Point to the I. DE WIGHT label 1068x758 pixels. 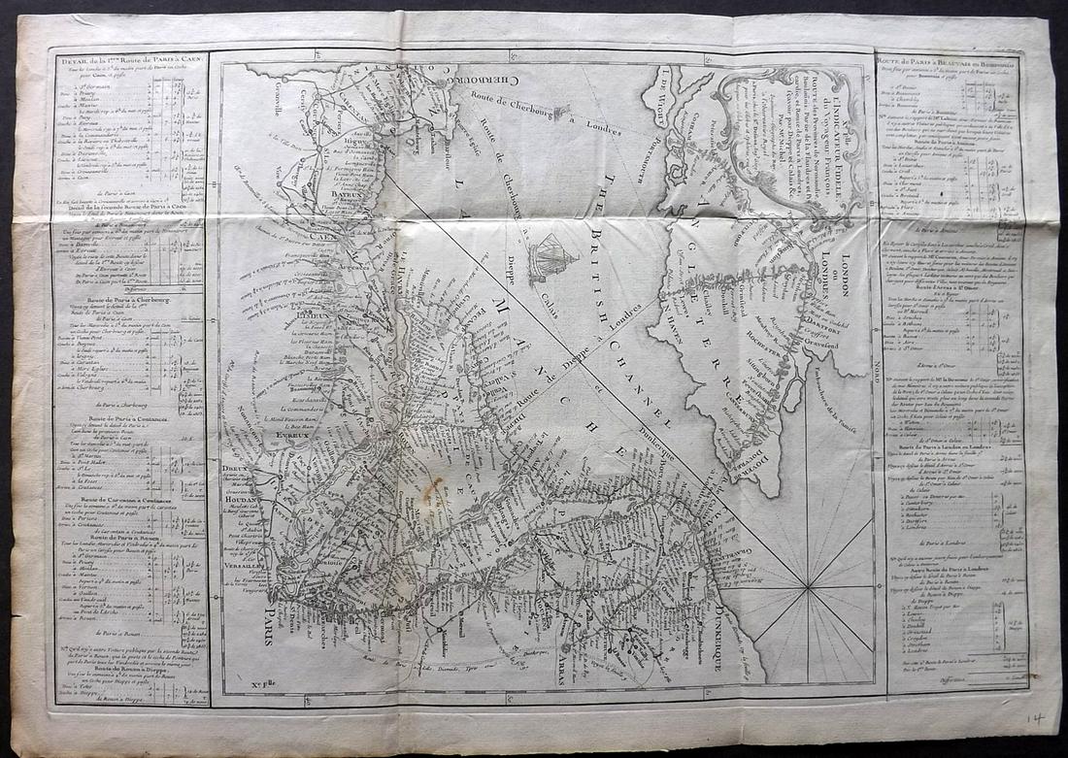[663, 92]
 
